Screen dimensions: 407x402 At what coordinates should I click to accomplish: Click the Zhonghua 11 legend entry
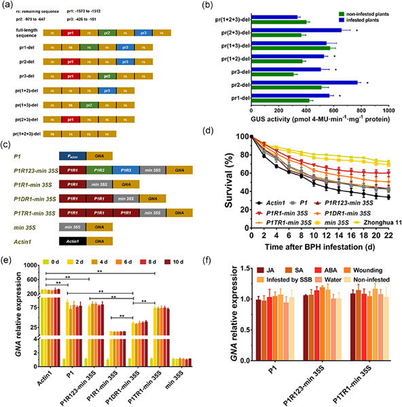coord(370,240)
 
